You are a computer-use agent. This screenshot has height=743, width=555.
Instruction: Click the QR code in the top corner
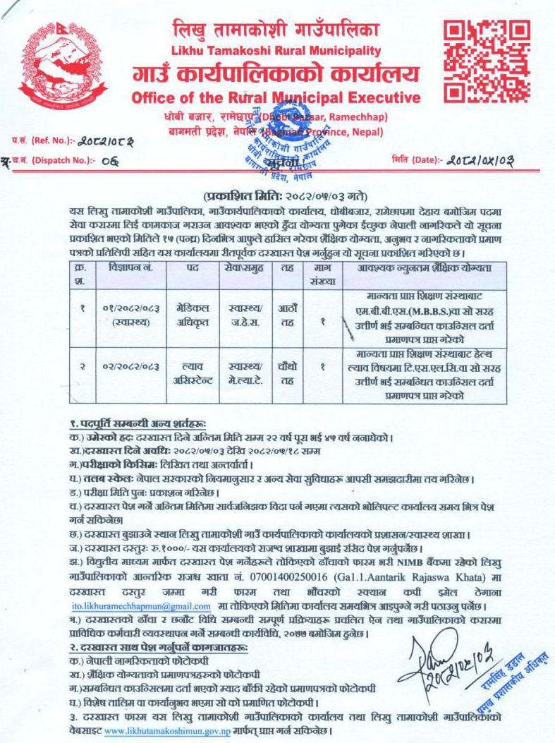486,61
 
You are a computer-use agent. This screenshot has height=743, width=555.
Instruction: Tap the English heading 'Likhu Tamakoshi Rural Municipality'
276,51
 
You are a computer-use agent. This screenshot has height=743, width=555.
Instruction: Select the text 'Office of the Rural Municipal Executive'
276,97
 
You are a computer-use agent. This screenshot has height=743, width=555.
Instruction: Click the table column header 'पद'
191,268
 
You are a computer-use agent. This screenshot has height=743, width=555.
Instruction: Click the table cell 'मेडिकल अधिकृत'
191,314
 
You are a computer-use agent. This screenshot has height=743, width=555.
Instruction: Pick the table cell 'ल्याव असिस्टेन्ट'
191,374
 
